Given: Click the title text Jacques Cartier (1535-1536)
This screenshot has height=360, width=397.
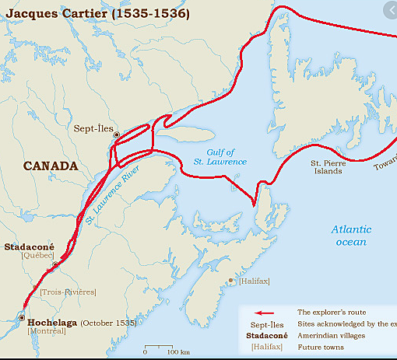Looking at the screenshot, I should pos(95,13).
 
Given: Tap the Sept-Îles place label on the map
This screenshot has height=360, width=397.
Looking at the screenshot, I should pos(93,128).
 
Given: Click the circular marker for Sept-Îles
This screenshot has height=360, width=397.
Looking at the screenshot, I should pos(117,135).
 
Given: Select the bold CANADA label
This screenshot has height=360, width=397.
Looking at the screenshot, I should pos(51,166).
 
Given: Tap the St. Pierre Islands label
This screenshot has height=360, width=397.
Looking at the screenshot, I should pos(326,167).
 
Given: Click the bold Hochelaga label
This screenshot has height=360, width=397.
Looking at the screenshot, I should pos(53,321).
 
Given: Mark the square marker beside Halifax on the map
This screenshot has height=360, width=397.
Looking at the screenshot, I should pos(230,281).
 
